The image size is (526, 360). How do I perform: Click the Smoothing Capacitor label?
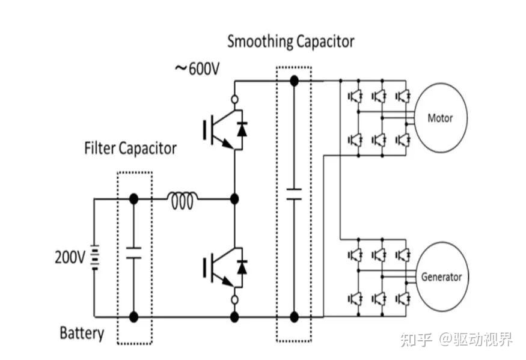[290, 42]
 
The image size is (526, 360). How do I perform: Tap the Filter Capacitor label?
[130, 148]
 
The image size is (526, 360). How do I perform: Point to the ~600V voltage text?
[197, 69]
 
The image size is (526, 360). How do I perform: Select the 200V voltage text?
[70, 257]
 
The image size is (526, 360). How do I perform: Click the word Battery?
[82, 333]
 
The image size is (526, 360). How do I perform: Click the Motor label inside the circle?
[440, 118]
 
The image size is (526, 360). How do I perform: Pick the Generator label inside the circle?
[441, 277]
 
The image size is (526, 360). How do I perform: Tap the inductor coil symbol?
[182, 200]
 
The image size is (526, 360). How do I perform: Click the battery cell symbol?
[95, 257]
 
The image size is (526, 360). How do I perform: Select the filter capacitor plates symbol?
[133, 253]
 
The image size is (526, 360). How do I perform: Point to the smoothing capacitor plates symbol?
[294, 194]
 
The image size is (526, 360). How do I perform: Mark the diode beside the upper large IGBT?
[242, 129]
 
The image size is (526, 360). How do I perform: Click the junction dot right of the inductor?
[234, 200]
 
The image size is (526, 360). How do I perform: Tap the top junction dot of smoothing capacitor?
[294, 81]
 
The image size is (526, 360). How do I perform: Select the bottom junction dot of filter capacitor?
[133, 317]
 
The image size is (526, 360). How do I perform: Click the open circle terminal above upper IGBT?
[235, 100]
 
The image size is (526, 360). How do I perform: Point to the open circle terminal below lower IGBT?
[235, 300]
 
